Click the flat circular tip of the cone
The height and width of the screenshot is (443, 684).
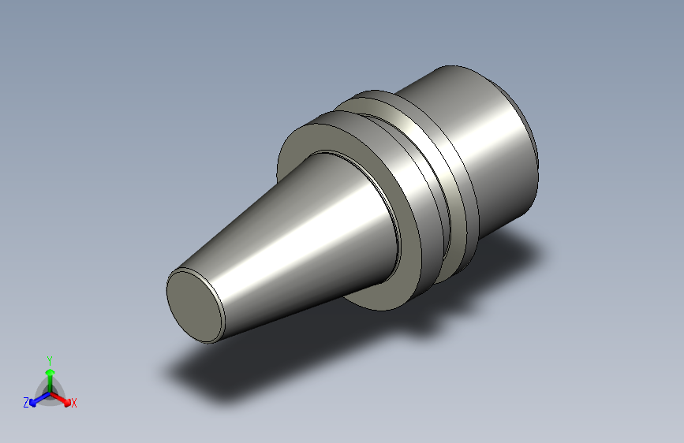pos(195,307)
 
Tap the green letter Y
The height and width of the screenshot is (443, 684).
pos(50,361)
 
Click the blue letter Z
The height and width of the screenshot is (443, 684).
pos(26,403)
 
